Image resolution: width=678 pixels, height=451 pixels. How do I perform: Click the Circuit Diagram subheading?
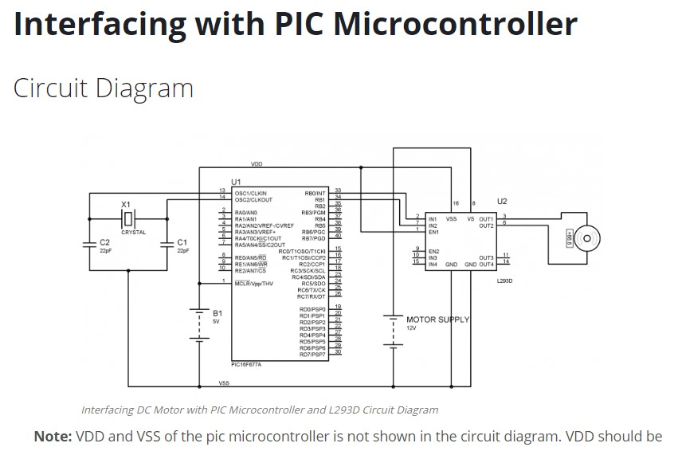click(104, 87)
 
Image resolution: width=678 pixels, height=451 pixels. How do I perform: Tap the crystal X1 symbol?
click(130, 217)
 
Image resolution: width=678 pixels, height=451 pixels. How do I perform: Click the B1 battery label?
click(217, 314)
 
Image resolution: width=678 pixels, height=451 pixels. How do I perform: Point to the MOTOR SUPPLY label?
click(437, 320)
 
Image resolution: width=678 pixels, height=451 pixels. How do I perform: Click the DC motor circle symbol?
click(586, 237)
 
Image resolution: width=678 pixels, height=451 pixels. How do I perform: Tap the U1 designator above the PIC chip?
click(236, 182)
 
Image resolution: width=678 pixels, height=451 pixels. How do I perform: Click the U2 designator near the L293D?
click(501, 202)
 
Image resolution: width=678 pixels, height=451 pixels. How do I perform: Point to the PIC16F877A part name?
click(246, 363)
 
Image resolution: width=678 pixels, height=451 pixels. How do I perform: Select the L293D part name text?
click(504, 280)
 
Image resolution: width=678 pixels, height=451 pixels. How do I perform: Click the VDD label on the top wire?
click(257, 163)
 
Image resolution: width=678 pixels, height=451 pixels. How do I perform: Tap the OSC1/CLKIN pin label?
click(250, 193)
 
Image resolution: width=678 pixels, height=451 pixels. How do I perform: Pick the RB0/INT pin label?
click(315, 193)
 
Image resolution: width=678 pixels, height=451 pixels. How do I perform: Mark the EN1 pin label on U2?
click(433, 232)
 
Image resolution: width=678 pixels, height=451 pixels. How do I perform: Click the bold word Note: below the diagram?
click(53, 437)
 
